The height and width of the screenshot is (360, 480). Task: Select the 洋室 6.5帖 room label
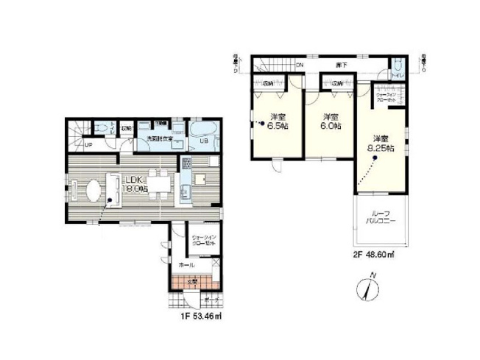click(x=279, y=121)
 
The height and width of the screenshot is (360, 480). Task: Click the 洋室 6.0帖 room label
click(x=330, y=121)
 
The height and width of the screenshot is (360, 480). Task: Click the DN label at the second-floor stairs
click(x=300, y=66)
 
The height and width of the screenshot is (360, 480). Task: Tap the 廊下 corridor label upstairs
click(x=342, y=65)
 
